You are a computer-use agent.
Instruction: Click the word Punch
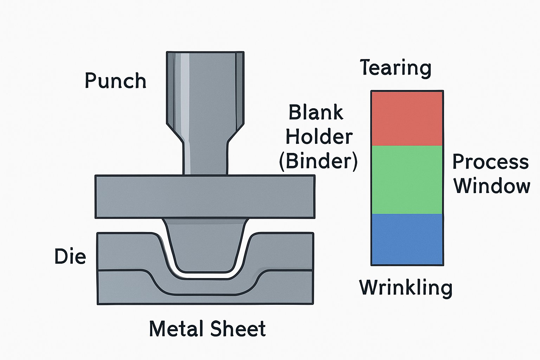[x=115, y=81]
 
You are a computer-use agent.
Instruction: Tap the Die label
[x=70, y=256]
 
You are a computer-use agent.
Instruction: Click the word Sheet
[x=238, y=329]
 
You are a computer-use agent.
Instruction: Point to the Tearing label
[x=396, y=68]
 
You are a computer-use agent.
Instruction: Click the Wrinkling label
[x=406, y=288]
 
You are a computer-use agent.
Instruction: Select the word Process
[x=490, y=162]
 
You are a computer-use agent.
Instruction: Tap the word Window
[x=492, y=186]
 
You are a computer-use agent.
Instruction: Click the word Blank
[x=316, y=112]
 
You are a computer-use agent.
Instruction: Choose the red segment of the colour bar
[x=407, y=118]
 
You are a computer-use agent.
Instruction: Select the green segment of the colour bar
[x=407, y=180]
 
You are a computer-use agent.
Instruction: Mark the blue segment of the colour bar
[x=407, y=239]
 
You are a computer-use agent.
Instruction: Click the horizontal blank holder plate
[x=205, y=197]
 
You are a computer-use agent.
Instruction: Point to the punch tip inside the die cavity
[x=205, y=246]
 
